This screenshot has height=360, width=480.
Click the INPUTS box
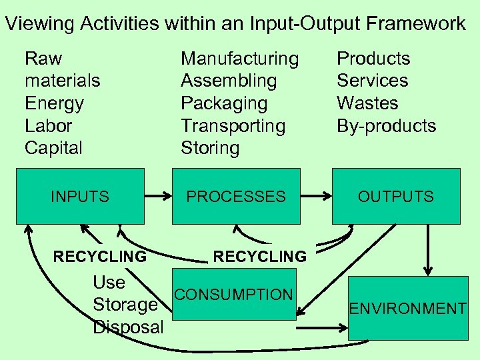80,196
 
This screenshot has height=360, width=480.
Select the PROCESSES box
235,196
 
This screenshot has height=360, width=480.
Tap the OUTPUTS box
396,196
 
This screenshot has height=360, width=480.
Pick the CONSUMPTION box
234,294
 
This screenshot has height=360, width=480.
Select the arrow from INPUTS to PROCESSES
158,197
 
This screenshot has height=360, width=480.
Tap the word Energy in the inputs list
54,103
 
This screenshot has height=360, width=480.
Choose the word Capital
53,148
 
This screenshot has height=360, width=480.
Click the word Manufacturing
240,59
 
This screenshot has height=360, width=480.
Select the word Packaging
224,103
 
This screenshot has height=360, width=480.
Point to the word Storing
210,148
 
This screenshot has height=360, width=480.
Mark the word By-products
386,126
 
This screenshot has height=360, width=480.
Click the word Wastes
367,103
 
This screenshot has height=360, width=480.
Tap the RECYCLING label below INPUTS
100,257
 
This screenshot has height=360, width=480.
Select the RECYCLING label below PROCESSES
260,257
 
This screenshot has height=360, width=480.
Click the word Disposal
128,327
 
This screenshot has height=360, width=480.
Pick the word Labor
48,126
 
